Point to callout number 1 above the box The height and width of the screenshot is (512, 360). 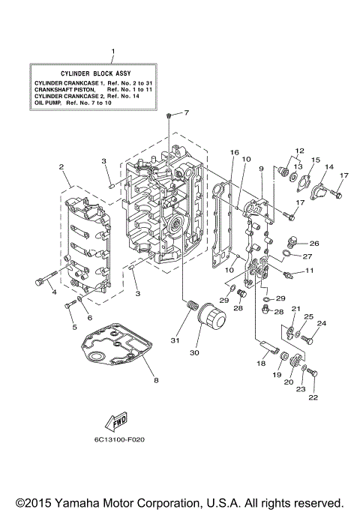point(112,52)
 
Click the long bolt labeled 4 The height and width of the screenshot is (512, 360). point(43,281)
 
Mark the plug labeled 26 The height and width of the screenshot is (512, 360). point(293,242)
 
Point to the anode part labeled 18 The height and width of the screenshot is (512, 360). point(265,346)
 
